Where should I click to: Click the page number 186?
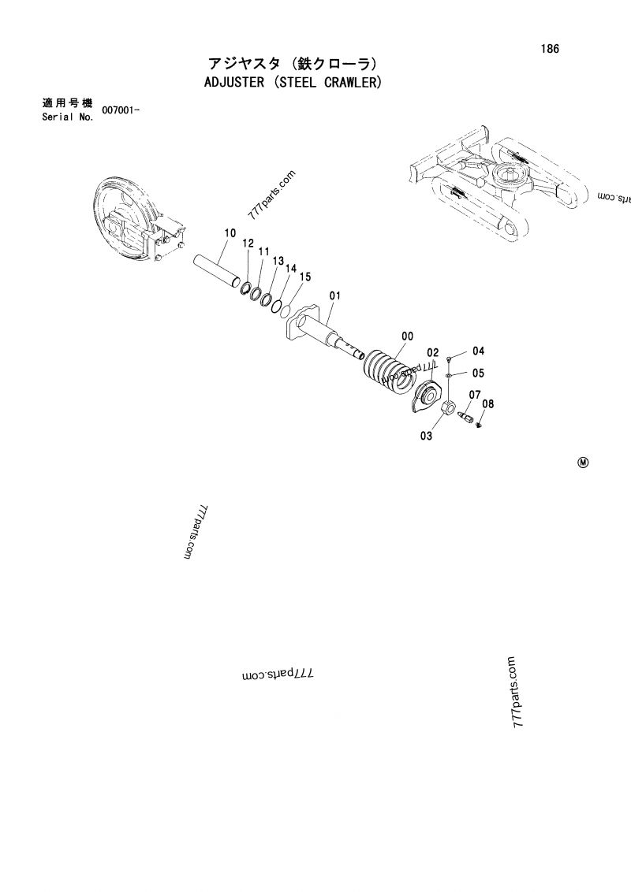[550, 49]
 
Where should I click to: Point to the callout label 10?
[230, 233]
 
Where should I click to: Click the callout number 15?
[305, 277]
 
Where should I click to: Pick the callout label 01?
[334, 296]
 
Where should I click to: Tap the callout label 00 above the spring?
[406, 336]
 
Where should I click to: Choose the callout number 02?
[432, 352]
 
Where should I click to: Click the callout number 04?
[479, 351]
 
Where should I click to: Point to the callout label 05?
[479, 373]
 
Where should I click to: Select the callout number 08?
[487, 404]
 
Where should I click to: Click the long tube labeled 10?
[217, 270]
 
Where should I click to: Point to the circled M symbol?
[583, 463]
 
